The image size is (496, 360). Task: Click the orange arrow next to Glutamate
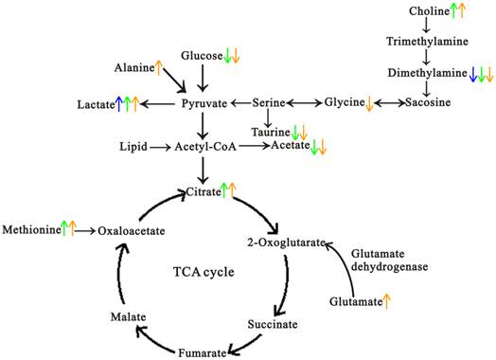pyautogui.click(x=388, y=301)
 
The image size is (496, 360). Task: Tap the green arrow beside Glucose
pyautogui.click(x=228, y=56)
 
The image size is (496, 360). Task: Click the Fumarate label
pyautogui.click(x=199, y=352)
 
